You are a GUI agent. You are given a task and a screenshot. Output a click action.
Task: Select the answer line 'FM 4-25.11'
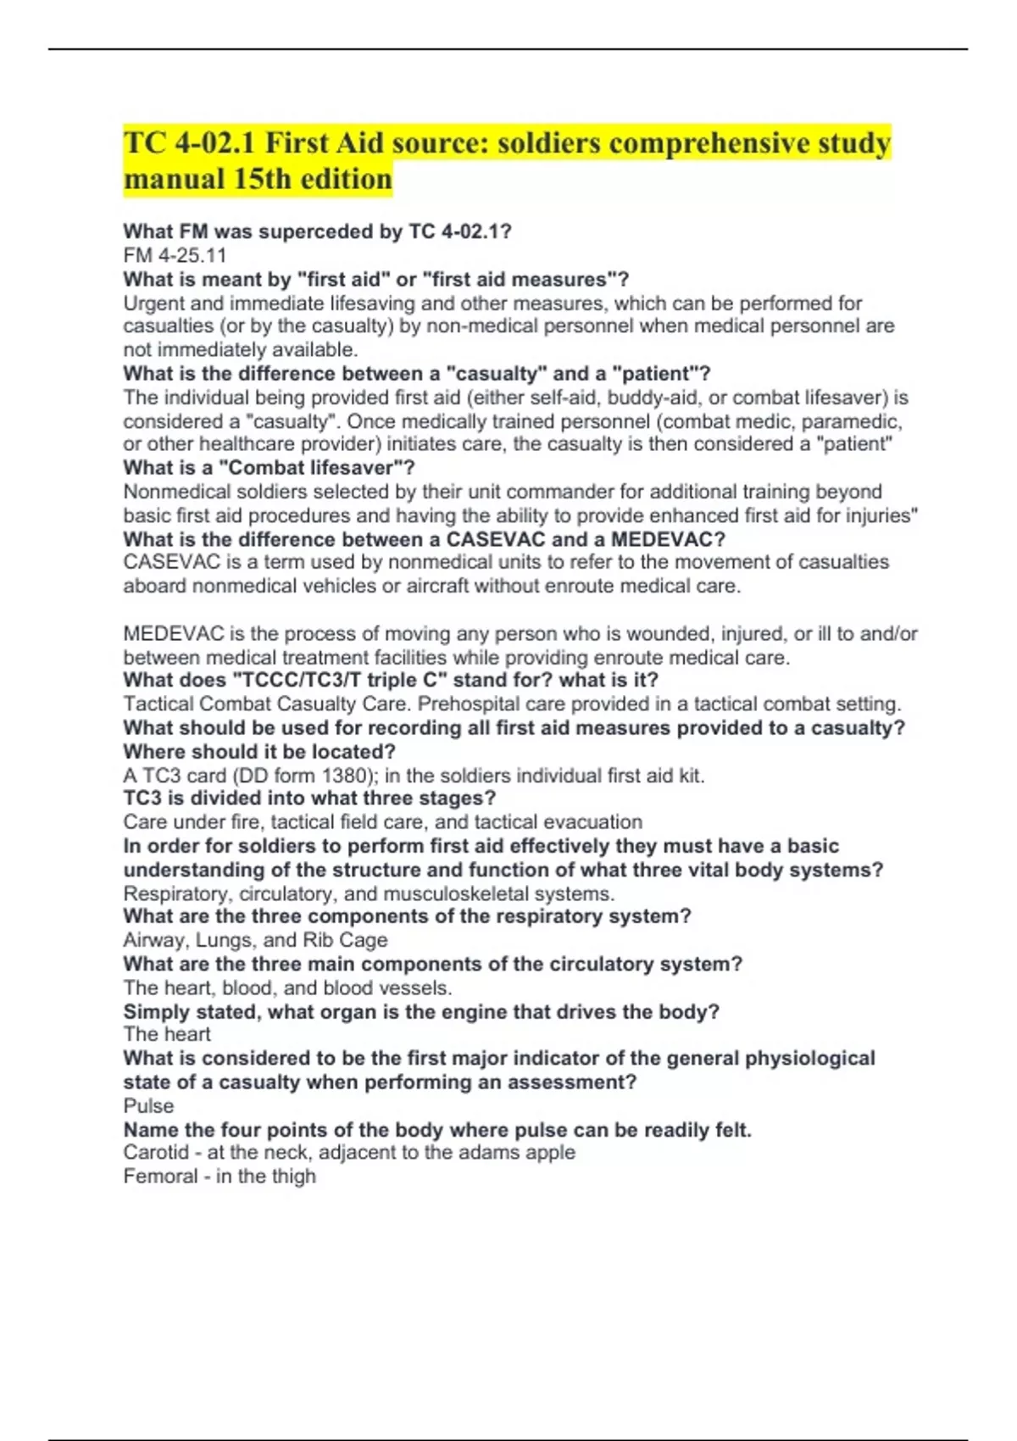[x=175, y=255]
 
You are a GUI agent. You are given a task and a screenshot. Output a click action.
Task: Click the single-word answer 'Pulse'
[x=148, y=1105]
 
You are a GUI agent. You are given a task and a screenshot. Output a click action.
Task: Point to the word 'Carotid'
[x=156, y=1153]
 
